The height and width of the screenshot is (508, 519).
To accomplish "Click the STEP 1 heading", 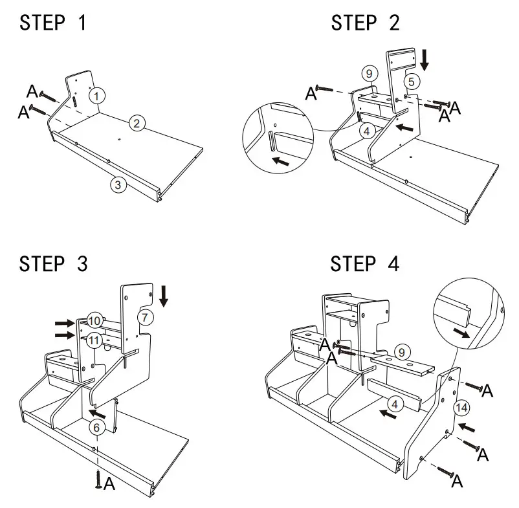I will click(52, 23).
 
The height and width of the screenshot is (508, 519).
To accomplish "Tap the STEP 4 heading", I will click(365, 263).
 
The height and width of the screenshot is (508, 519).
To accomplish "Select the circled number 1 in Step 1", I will click(96, 96).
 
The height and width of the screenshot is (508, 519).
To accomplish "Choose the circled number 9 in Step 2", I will click(368, 74).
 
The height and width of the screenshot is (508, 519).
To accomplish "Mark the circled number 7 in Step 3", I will click(145, 317).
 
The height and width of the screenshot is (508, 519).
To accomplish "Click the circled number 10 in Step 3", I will click(94, 320).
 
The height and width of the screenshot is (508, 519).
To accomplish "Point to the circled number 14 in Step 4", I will click(461, 407).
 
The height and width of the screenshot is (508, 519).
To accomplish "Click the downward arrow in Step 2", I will click(425, 60).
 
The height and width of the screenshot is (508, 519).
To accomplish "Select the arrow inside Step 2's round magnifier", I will click(281, 160).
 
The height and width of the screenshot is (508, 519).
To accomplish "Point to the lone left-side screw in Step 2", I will click(325, 89).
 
